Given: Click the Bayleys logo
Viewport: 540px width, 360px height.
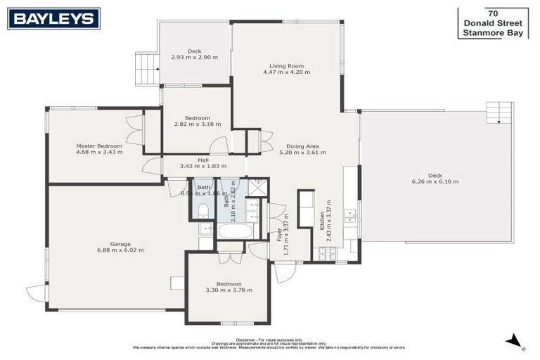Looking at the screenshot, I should [x=53, y=18].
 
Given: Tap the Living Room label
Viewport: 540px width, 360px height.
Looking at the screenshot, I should [x=286, y=65].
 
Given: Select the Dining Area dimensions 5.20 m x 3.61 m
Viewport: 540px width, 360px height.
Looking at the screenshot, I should [x=302, y=153].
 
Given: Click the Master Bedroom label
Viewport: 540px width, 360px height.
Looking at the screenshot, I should [x=99, y=146].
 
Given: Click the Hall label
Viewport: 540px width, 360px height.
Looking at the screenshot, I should [x=203, y=160].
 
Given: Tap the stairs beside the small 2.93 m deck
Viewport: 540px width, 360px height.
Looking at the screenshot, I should [x=146, y=69].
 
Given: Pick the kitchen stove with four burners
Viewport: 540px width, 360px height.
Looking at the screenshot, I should [x=327, y=255].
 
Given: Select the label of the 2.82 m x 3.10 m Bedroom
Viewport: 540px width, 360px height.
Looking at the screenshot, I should [x=198, y=117].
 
